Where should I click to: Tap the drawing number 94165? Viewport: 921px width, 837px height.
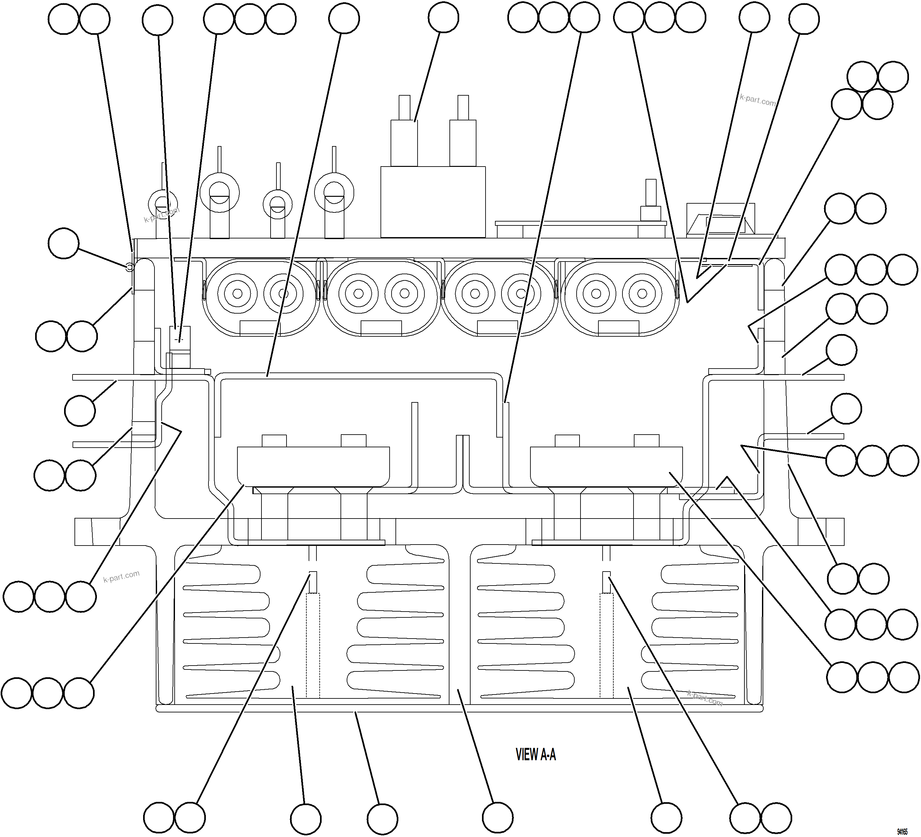902,831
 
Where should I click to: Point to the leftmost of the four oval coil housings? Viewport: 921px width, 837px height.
260,297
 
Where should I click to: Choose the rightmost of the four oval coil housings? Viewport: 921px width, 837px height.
619,297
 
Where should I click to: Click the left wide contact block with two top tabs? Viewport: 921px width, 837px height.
314,466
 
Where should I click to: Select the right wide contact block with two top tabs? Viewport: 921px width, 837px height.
606,466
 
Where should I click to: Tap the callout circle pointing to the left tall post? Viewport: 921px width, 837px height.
444,17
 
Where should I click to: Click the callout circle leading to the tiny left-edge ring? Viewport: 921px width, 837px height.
63,243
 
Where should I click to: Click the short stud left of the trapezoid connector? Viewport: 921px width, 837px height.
650,201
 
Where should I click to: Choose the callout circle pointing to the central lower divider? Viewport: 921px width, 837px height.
498,817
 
